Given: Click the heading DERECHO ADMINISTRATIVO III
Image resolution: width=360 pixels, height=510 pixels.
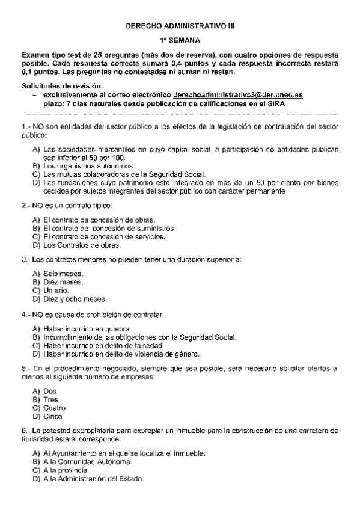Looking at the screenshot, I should pyautogui.click(x=179, y=27).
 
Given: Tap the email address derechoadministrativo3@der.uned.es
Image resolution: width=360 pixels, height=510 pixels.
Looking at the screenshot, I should pyautogui.click(x=237, y=95).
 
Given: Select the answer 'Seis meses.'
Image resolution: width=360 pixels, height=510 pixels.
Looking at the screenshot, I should pyautogui.click(x=67, y=274).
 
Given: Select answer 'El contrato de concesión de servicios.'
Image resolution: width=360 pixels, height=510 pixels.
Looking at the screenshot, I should pyautogui.click(x=108, y=236).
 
